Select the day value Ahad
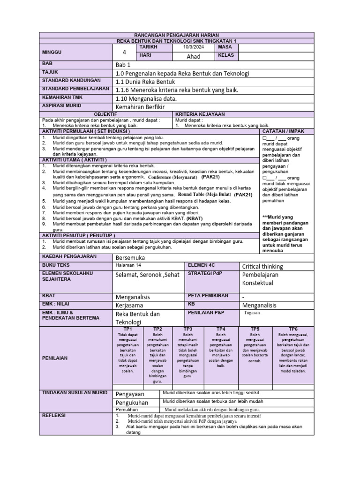(x=193, y=56)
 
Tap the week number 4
(x=125, y=52)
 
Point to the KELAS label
(x=227, y=56)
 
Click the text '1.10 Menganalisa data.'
(x=146, y=98)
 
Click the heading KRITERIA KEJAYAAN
(x=200, y=114)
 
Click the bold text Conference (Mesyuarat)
(x=172, y=178)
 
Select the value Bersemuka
(x=130, y=258)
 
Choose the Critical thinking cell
(x=262, y=266)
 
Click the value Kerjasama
(x=131, y=305)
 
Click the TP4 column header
(x=221, y=329)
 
